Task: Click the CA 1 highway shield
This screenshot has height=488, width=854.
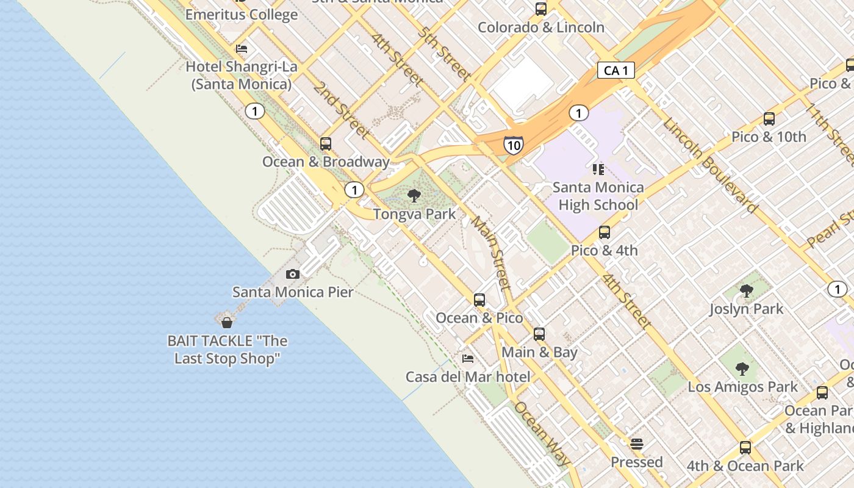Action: [615, 71]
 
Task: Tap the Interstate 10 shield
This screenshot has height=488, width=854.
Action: [513, 145]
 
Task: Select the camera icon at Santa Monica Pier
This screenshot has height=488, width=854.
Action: [293, 274]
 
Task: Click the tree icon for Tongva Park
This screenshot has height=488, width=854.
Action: [414, 196]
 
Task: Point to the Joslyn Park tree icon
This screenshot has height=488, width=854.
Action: [746, 291]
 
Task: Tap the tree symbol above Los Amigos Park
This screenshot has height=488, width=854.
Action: [742, 368]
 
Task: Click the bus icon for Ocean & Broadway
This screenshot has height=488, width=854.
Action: [326, 144]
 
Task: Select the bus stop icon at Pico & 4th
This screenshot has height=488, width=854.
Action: [604, 232]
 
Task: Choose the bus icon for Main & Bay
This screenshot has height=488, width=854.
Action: [539, 334]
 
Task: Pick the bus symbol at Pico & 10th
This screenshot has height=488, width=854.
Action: [769, 119]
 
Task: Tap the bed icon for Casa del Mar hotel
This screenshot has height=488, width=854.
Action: [468, 359]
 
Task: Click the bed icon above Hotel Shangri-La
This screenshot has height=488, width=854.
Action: [242, 49]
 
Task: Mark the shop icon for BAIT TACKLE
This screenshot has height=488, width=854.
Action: [227, 323]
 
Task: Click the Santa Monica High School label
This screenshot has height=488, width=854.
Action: [598, 196]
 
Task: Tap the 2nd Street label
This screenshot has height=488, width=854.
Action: [342, 110]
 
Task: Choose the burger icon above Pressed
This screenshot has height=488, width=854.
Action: [637, 444]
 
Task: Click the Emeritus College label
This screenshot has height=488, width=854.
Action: [242, 15]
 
